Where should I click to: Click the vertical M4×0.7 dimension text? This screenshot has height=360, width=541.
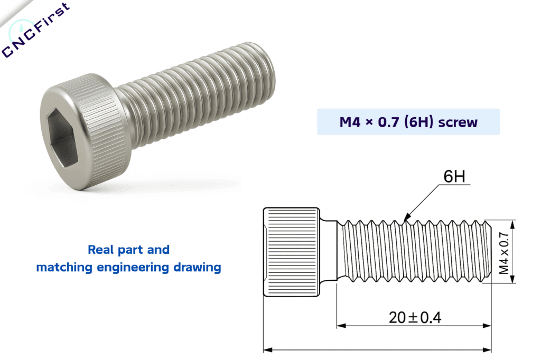click(503, 252)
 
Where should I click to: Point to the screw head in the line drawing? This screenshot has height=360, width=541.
click(291, 252)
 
